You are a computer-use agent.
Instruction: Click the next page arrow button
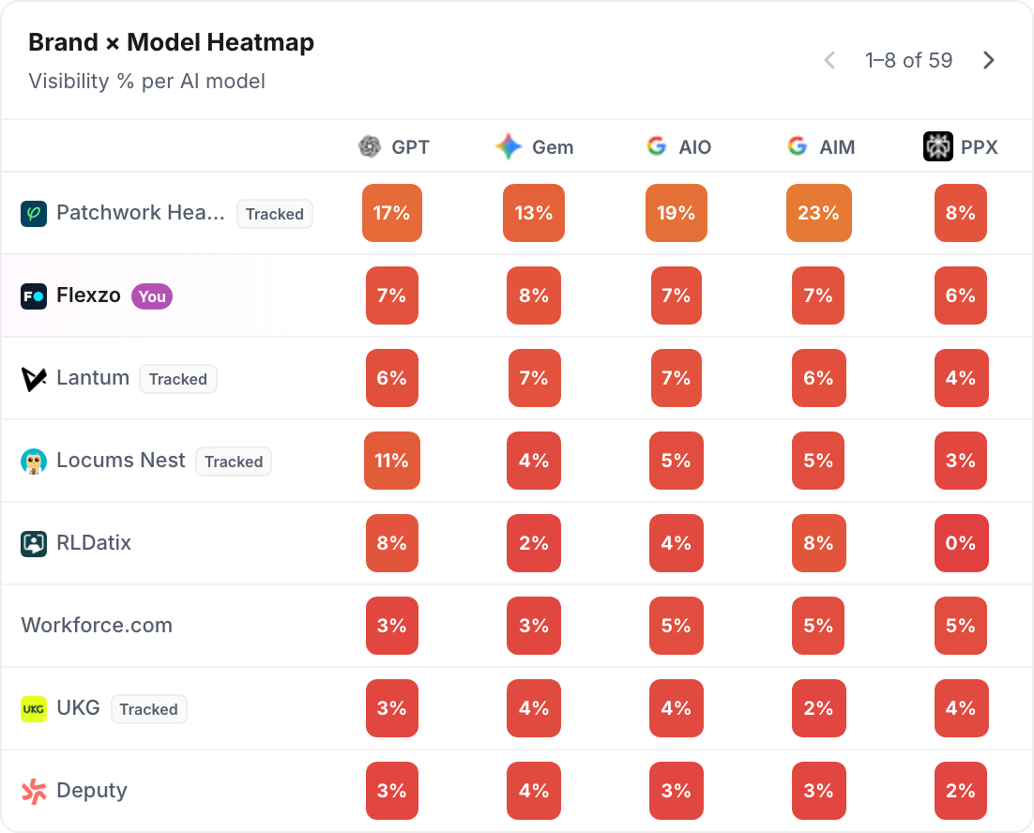click(988, 60)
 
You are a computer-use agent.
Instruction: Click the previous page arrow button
click(829, 60)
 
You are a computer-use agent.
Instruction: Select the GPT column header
click(394, 146)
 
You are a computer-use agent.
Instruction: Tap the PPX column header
click(960, 146)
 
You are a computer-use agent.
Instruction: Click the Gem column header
click(534, 146)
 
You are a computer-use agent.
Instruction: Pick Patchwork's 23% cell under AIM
click(818, 213)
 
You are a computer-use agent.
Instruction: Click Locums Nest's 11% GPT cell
click(391, 461)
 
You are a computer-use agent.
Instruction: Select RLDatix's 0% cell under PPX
click(961, 543)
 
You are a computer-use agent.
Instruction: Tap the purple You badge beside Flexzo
click(152, 296)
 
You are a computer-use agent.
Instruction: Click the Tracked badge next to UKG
click(149, 709)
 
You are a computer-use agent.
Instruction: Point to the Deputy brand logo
click(34, 792)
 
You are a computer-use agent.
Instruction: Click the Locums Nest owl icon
click(34, 462)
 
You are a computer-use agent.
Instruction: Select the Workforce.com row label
click(97, 625)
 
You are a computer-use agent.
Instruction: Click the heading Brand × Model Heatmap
click(172, 42)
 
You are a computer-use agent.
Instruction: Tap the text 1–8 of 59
click(908, 60)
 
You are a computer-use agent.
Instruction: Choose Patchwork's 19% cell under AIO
click(676, 213)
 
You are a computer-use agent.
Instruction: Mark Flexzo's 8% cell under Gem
click(534, 295)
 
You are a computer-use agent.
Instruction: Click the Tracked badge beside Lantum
click(178, 379)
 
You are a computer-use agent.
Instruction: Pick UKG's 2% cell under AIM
click(818, 708)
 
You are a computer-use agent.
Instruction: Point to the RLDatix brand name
click(94, 542)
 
